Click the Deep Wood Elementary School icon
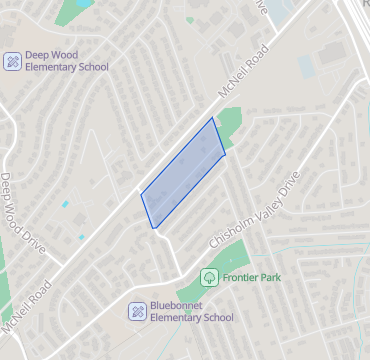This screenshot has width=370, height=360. click(13, 61)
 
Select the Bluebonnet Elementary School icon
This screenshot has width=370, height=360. click(138, 311)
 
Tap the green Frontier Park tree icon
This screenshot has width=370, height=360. click(210, 276)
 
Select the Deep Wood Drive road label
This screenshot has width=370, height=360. click(22, 214)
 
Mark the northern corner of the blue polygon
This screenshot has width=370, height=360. click(213, 118)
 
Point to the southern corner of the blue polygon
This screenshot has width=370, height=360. click(154, 228)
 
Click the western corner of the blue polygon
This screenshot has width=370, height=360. click(141, 194)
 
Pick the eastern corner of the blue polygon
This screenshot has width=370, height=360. click(225, 153)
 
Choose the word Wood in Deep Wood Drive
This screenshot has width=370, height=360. click(21, 215)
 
